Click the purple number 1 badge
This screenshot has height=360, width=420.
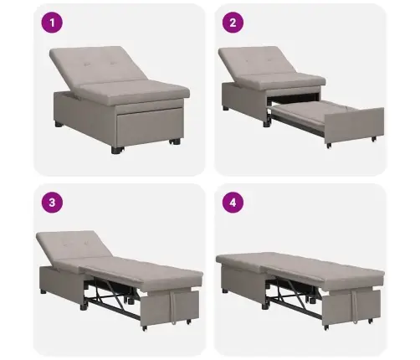57,23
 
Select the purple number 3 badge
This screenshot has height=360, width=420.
57,202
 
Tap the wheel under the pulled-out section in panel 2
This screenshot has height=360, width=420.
328,145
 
